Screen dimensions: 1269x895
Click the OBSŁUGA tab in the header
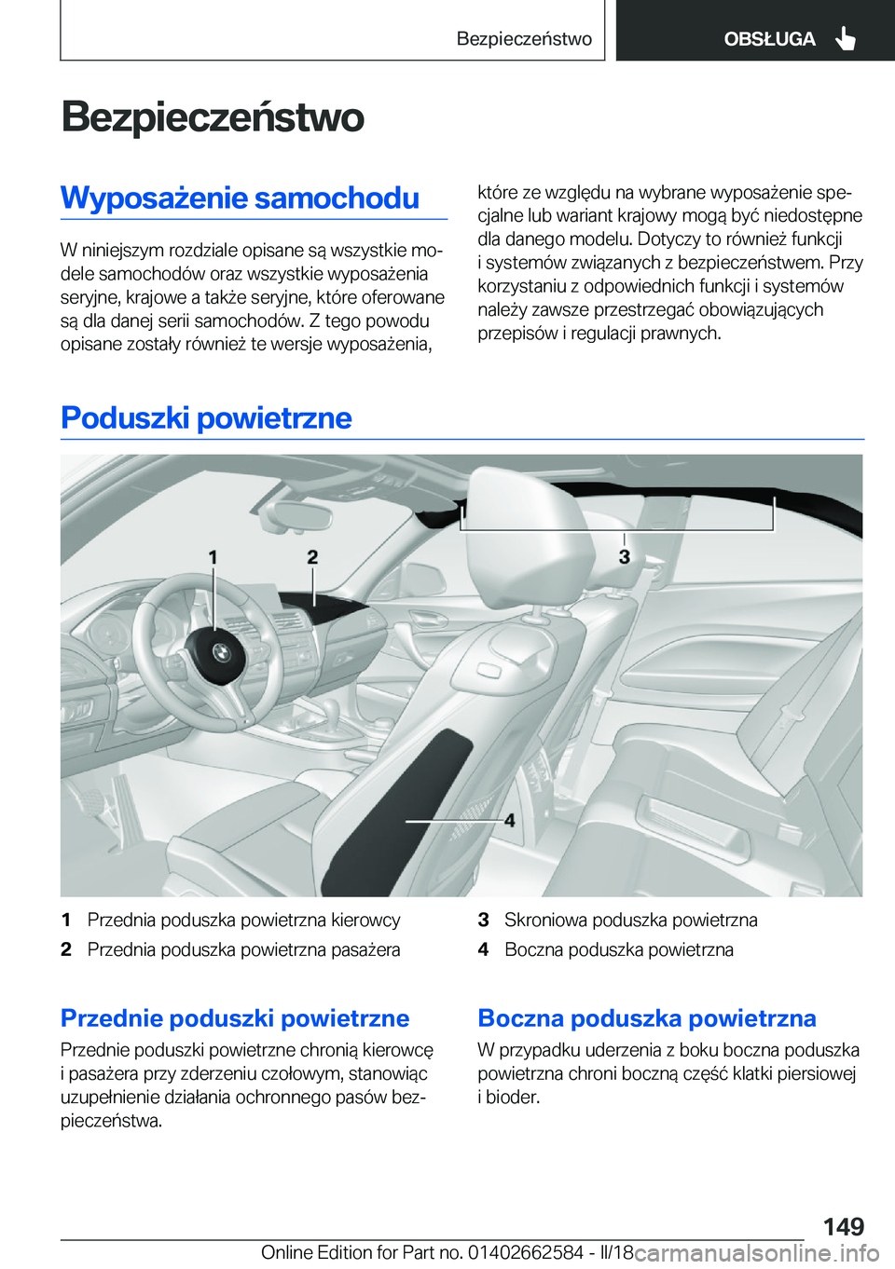coord(768,39)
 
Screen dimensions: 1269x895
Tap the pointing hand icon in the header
coord(845,39)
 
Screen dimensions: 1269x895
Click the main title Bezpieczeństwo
coord(213,117)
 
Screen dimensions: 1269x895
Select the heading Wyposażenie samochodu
coord(241,198)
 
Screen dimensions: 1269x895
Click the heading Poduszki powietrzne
coord(206,417)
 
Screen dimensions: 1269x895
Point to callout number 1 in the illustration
coord(213,557)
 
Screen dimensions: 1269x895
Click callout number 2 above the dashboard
coord(312,557)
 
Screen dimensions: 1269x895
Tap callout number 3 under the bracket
coord(624,557)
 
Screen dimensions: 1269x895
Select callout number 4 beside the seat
coord(509,821)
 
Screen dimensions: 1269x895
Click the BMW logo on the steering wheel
coord(221,653)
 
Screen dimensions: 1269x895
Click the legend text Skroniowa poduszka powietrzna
coord(630,921)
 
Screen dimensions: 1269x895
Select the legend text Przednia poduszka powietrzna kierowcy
coord(243,921)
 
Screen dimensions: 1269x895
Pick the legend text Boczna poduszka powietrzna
coord(618,950)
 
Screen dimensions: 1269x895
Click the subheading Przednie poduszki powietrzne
coord(235,1018)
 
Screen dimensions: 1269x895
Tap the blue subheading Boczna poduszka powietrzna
coord(647,1018)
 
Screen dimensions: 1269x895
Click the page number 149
coord(843,1226)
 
